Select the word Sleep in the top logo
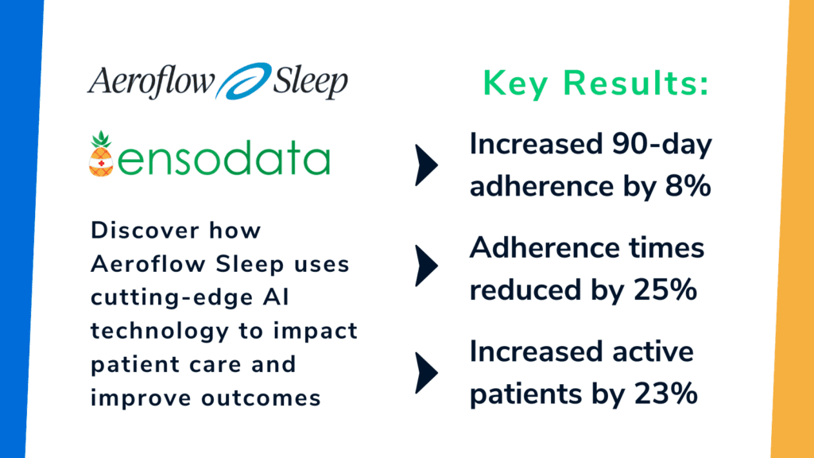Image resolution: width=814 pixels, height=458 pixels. point(310,82)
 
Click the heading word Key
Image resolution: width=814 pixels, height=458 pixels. point(517,83)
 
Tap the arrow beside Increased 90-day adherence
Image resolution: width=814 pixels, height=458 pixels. point(427,165)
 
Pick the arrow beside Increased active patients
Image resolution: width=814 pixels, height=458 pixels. point(427,371)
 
